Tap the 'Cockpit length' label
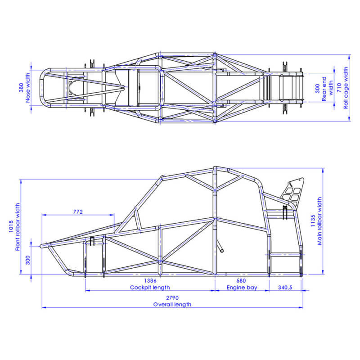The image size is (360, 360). point(149,287)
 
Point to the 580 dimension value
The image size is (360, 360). point(242,280)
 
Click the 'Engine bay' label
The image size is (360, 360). point(242,287)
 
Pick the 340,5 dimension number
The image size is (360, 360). point(286,287)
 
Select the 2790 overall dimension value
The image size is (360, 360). point(172,298)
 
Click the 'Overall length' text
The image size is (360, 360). point(172,305)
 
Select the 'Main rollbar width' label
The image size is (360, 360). point(320,221)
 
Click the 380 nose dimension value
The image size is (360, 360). point(21,88)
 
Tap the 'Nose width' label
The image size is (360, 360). point(28,88)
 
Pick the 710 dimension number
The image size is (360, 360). point(339,88)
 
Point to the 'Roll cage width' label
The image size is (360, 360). point(346,88)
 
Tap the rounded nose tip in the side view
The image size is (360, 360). point(43,246)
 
